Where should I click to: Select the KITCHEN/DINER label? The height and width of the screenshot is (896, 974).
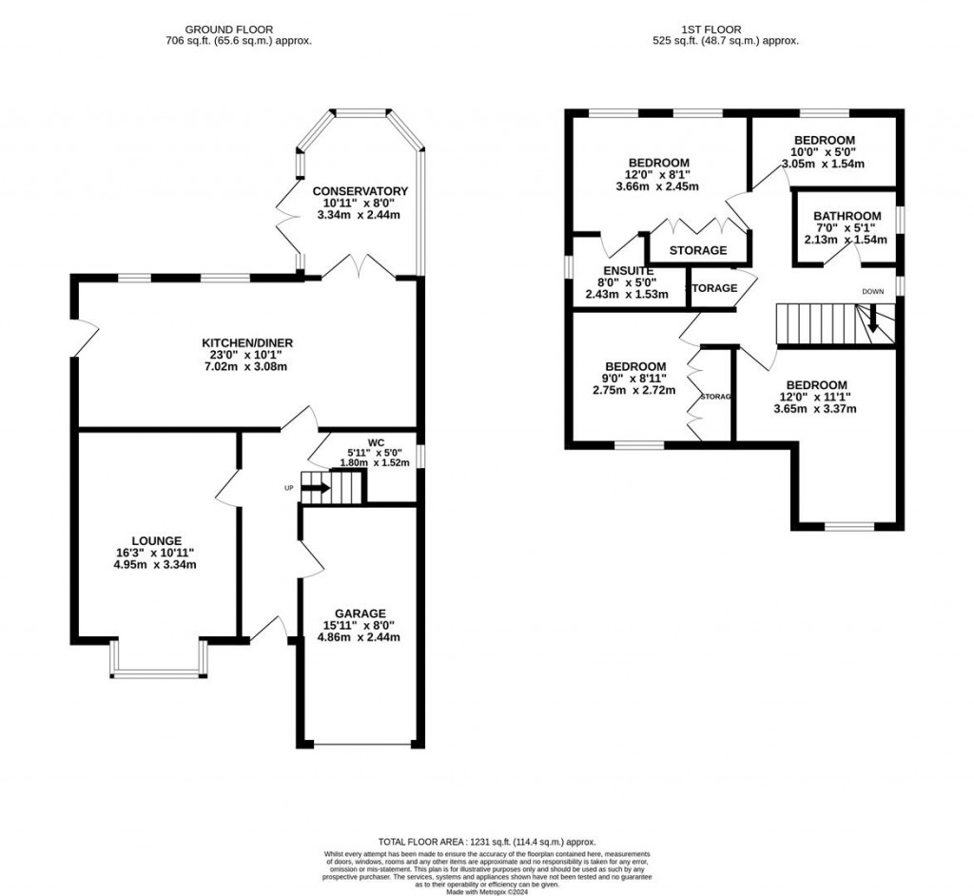click(246, 342)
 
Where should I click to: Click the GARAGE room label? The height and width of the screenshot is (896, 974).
click(360, 613)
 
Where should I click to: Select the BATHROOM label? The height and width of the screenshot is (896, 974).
click(847, 216)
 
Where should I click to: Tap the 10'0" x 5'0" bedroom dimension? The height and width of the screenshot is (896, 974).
click(823, 151)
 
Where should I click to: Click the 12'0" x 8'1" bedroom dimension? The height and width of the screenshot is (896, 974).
click(657, 174)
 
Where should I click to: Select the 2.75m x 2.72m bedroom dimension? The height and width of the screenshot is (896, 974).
click(635, 390)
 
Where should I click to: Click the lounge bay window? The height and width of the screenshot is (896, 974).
click(158, 673)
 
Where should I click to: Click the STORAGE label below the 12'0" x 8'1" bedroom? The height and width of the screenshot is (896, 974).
click(698, 251)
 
